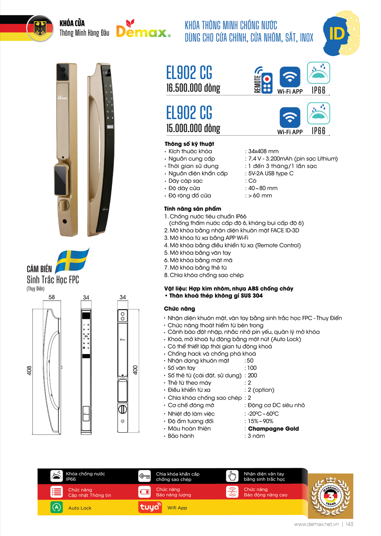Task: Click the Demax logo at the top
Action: click(x=143, y=29)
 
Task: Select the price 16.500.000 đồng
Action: click(x=193, y=88)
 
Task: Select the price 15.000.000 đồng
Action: click(x=193, y=128)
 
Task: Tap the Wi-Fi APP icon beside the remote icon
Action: click(x=290, y=77)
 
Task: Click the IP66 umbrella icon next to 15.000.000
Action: click(x=318, y=114)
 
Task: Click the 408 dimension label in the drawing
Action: click(x=29, y=370)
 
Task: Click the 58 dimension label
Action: click(x=52, y=297)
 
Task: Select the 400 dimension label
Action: click(x=135, y=370)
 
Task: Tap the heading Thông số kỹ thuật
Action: click(x=189, y=144)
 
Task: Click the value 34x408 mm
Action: click(x=263, y=151)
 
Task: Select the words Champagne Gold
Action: click(x=273, y=428)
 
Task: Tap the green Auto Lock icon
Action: click(x=57, y=507)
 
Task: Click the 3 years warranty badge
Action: click(x=330, y=496)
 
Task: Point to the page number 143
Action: click(x=349, y=524)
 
